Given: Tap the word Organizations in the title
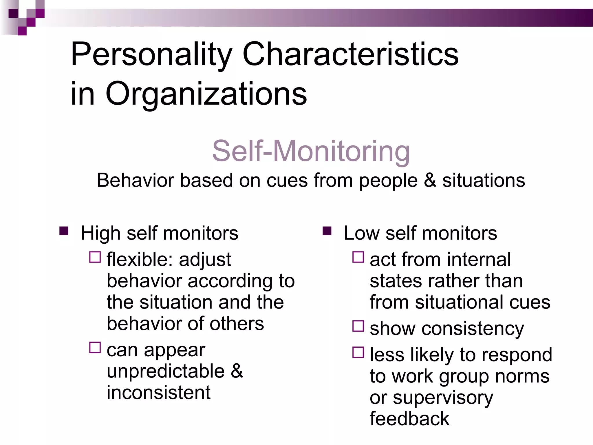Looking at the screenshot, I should point(206,94).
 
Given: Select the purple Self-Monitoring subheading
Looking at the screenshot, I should point(311,151).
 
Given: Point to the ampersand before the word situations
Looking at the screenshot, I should point(430,180).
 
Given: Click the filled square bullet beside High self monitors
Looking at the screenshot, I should point(64,231).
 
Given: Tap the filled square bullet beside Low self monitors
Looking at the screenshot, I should point(327,231).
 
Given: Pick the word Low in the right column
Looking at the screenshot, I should point(361,233).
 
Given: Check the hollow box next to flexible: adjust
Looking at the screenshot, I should point(95,257).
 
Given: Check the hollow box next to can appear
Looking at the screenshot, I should point(95,347).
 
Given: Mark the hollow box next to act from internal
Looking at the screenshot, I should point(358,257).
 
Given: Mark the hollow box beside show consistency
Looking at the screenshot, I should point(358,326).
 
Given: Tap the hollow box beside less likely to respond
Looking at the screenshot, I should point(358,352).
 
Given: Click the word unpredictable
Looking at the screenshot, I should point(166,371).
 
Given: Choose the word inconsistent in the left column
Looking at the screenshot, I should point(158,393).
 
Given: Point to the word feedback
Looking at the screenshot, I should point(409,419).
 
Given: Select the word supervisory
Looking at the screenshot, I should point(443,398).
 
